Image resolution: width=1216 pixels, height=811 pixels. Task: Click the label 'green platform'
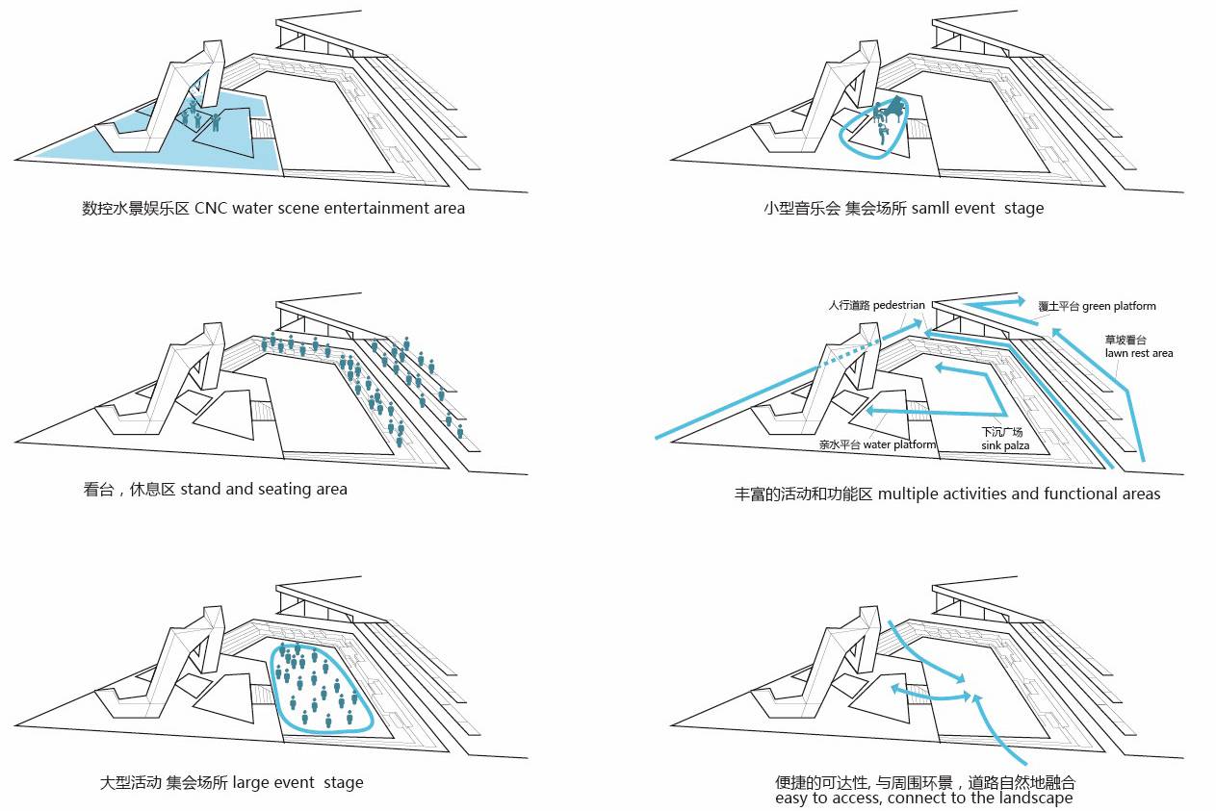[x=1119, y=306]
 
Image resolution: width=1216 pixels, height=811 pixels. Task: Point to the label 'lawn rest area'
[x=1139, y=353]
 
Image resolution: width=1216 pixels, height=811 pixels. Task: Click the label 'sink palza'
[x=1005, y=446]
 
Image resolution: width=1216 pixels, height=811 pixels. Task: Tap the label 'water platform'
[x=899, y=444]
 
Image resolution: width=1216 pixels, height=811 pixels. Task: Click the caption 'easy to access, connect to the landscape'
[x=923, y=798]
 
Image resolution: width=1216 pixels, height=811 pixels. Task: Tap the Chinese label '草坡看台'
[x=1123, y=340]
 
